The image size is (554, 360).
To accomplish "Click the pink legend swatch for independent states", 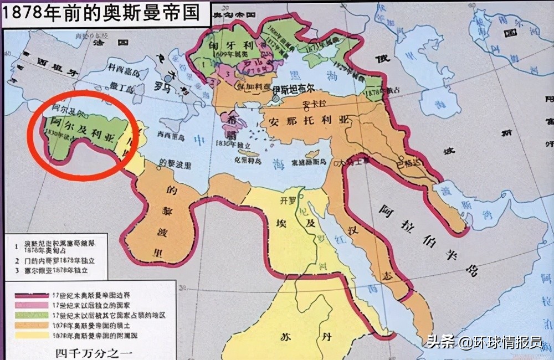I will point(30,305).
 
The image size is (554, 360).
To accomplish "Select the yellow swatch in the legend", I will point(30,335).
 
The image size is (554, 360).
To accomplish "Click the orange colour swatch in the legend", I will point(30,325).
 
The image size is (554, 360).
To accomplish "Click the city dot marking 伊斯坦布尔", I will point(275,99).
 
